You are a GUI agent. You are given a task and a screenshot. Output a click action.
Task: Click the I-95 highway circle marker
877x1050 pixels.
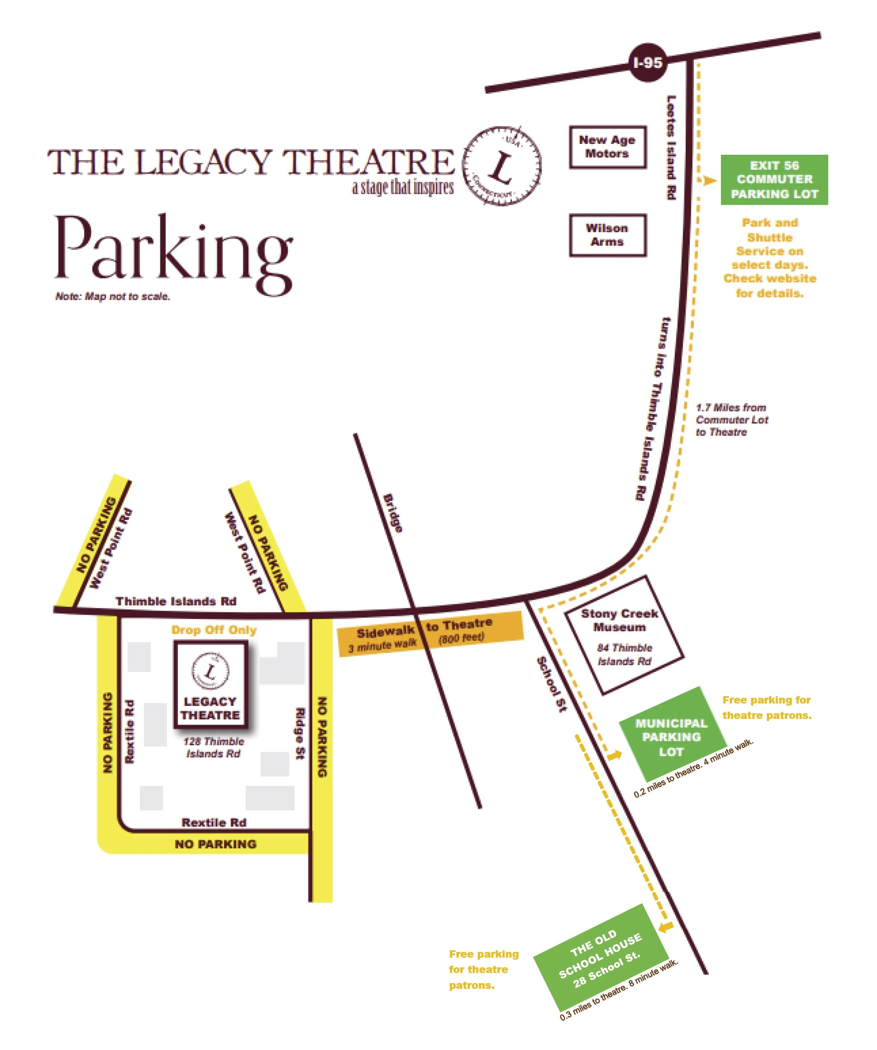tap(648, 63)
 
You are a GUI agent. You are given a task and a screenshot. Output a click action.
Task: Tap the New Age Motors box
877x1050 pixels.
tap(607, 147)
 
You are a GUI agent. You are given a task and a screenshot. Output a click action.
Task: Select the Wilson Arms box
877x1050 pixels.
tap(607, 235)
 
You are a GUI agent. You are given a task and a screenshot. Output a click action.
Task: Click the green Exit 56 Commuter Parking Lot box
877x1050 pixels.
tap(774, 180)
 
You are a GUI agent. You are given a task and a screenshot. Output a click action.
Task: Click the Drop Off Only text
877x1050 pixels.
tap(214, 630)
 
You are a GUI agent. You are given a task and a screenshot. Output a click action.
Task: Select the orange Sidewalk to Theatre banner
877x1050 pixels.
tap(430, 633)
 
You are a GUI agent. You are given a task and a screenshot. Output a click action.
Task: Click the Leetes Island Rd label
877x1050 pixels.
tap(671, 148)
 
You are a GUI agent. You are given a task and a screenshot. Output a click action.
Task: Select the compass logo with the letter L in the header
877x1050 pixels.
tap(501, 165)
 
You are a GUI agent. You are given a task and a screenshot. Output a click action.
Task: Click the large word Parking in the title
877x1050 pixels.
tap(173, 250)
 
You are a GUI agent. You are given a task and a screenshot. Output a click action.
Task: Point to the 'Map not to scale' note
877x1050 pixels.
tap(113, 297)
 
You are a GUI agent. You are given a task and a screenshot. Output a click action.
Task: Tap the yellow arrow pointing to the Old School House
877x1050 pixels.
tap(665, 926)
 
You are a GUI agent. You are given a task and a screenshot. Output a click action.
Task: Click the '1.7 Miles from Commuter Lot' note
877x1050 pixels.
tap(732, 419)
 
